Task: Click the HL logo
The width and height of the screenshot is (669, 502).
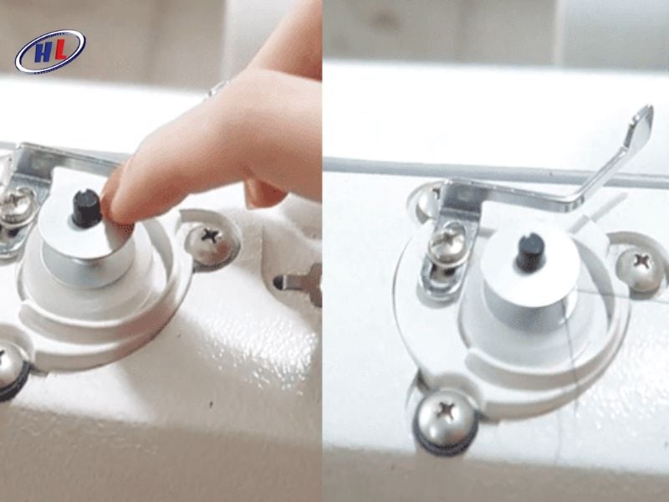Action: point(50,51)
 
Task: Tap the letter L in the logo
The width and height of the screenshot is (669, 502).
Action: point(60,51)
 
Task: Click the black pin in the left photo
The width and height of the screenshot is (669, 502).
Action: point(85,207)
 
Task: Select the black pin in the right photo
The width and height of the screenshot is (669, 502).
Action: point(530,251)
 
